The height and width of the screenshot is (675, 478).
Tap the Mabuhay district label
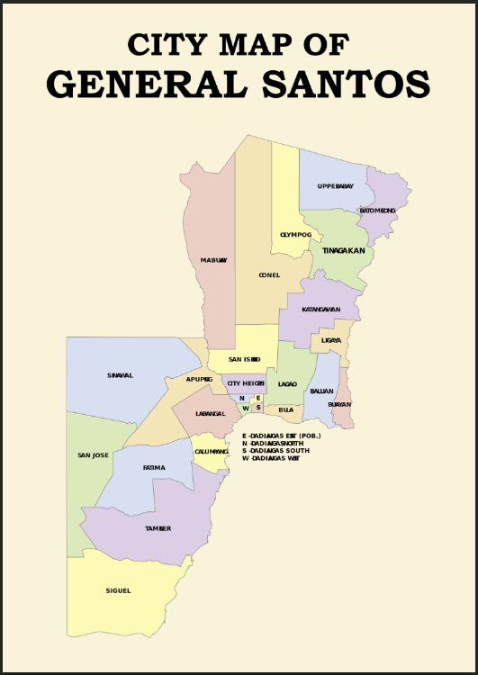pos(213,260)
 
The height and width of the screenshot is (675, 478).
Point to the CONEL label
pos(269,275)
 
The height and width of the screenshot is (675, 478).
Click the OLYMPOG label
pos(294,234)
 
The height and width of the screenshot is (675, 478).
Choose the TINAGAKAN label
pos(343,251)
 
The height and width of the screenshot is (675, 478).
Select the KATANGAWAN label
pos(320,310)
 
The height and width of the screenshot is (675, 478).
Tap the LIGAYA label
pos(331,340)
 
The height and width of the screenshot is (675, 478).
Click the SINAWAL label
pos(120,375)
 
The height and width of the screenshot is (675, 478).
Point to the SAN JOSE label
pos(94,455)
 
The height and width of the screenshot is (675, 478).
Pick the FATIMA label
pos(154,468)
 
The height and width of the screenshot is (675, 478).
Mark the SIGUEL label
pos(118,590)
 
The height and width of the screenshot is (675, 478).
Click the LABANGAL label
pos(211,413)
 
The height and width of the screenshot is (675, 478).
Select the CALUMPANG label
pos(212,452)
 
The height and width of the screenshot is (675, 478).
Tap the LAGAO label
pos(287,384)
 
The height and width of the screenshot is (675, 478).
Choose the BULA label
pos(286,409)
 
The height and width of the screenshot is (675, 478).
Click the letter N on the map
pos(241,398)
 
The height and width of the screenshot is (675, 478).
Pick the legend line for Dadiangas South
pos(275,450)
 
